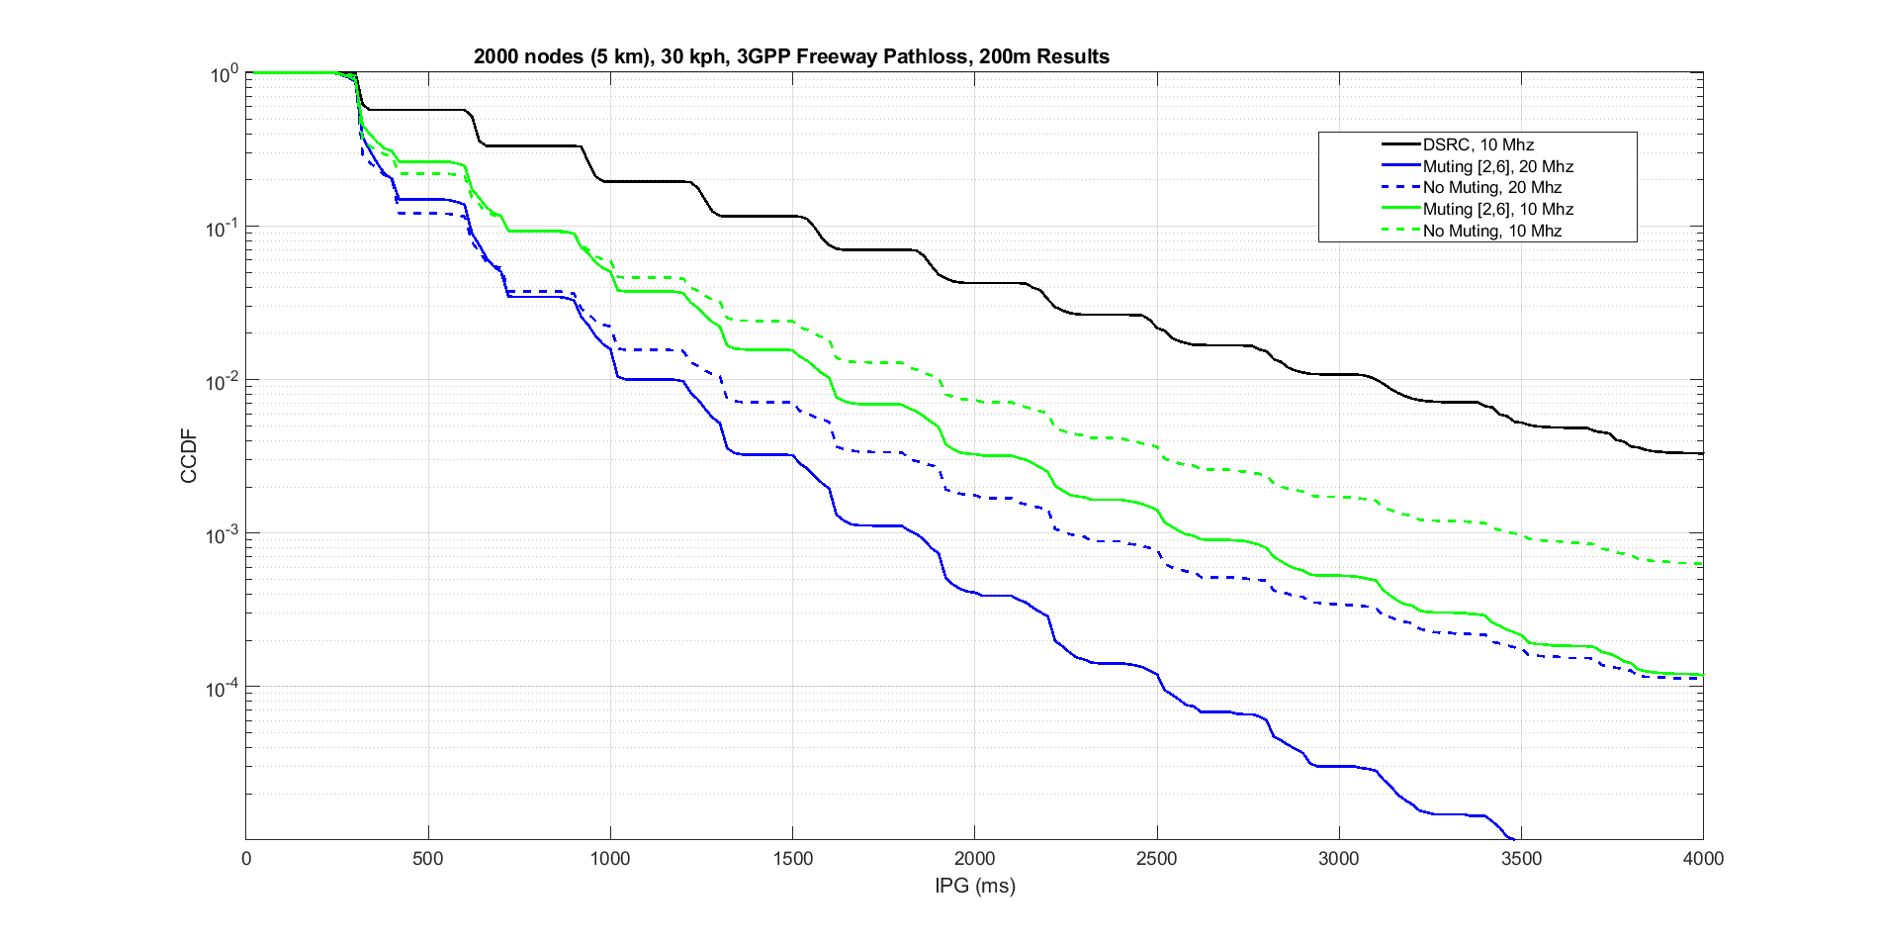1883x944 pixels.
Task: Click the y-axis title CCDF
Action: [x=189, y=456]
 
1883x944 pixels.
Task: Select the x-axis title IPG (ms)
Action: [x=974, y=886]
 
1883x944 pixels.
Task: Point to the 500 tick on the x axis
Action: [x=427, y=859]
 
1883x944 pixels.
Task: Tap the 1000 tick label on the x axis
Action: [x=609, y=859]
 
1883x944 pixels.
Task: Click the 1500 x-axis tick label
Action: [x=792, y=859]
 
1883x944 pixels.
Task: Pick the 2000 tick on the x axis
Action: [x=974, y=859]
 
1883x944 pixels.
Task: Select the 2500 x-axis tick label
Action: [x=1156, y=859]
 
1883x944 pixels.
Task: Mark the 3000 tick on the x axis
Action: [x=1338, y=859]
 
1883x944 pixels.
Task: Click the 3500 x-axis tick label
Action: [x=1521, y=859]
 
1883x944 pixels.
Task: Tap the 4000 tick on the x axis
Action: [x=1703, y=859]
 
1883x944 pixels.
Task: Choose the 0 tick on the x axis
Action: [x=246, y=859]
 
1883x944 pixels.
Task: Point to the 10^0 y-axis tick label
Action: [x=224, y=75]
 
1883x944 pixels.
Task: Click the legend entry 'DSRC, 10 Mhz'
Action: [x=1478, y=144]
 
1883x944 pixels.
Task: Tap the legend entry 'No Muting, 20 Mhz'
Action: [x=1491, y=188]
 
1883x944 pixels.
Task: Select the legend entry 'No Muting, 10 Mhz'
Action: [x=1491, y=231]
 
